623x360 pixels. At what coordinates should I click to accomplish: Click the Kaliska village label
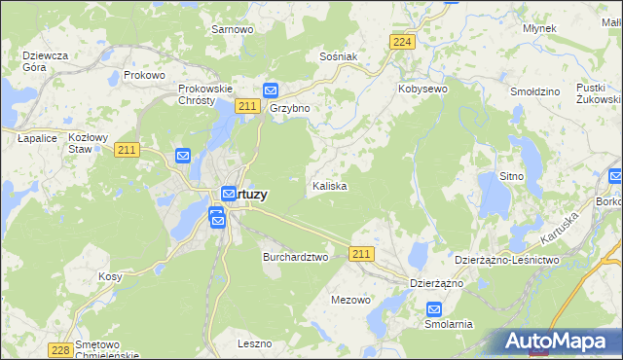(x=329, y=185)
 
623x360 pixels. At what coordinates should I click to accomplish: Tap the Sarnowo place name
(x=232, y=29)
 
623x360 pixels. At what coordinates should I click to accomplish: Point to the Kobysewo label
(x=422, y=89)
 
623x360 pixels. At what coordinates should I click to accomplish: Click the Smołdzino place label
(x=535, y=91)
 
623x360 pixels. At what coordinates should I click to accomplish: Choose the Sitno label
(x=511, y=176)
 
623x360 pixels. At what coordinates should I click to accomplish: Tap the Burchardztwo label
(x=296, y=257)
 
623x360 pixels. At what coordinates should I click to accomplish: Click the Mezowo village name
(x=351, y=300)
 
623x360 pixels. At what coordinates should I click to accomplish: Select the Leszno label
(x=254, y=343)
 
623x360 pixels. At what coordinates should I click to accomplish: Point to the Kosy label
(x=110, y=276)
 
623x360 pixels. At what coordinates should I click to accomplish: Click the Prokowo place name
(x=145, y=75)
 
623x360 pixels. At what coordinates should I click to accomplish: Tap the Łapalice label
(x=36, y=139)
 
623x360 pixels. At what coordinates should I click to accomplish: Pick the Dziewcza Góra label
(x=45, y=61)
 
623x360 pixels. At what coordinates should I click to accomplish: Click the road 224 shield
(x=402, y=41)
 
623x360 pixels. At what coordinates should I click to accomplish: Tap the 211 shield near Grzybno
(x=246, y=106)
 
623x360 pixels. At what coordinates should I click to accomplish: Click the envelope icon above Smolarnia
(x=434, y=308)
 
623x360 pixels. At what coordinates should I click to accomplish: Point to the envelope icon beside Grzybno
(x=272, y=90)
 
